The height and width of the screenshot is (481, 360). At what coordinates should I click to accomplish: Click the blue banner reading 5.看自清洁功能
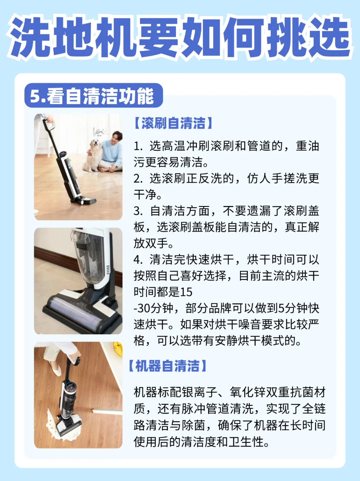pos(94,95)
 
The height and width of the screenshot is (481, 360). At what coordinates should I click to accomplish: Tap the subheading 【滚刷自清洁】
pos(173,123)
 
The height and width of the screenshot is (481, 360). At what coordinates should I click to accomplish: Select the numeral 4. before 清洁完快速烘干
pos(138,260)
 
